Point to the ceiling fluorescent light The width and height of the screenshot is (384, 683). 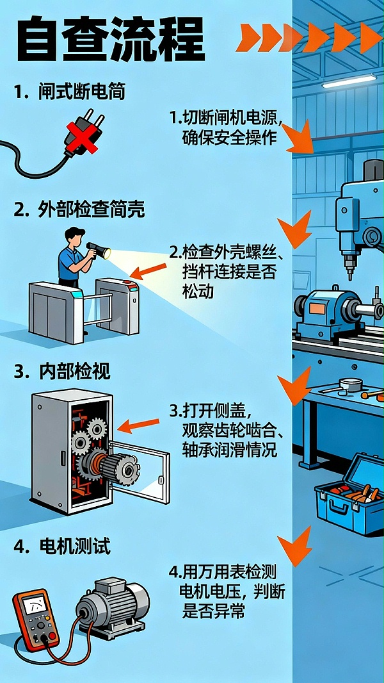pos(348,81)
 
